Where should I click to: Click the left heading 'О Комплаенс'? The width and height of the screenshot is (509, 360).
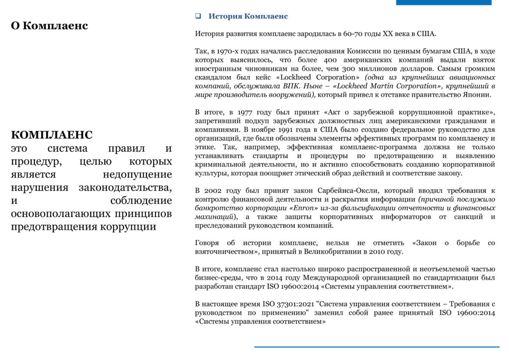[x=49, y=25]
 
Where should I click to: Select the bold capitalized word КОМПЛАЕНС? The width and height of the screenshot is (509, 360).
[x=52, y=135]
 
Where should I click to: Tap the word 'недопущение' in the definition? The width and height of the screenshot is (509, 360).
[x=137, y=175]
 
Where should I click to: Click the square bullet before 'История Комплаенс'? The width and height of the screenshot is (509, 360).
[x=198, y=16]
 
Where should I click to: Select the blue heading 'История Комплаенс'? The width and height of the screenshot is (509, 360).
[x=248, y=16]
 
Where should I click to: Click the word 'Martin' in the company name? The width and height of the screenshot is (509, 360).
[x=382, y=86]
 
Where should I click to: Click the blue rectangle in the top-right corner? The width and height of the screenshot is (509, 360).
[x=443, y=2]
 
